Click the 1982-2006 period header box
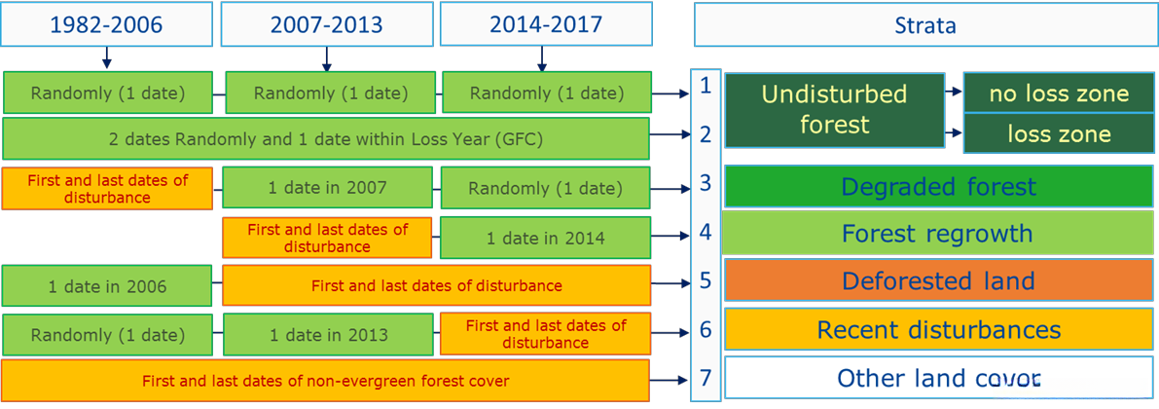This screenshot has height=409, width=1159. click(x=106, y=23)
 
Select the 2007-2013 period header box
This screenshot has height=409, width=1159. click(x=327, y=23)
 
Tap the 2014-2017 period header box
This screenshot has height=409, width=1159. click(x=546, y=23)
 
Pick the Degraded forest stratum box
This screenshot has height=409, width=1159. click(x=939, y=186)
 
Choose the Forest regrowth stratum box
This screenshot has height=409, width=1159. click(x=937, y=233)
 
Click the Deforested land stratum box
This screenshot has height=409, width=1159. click(x=939, y=281)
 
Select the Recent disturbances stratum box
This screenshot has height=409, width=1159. click(x=939, y=329)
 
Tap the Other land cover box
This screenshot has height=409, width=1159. click(x=939, y=378)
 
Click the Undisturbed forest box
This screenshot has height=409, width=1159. click(x=835, y=109)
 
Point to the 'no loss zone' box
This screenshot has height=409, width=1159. click(x=1059, y=93)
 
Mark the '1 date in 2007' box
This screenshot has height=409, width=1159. click(x=327, y=188)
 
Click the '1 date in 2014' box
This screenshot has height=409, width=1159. click(x=546, y=238)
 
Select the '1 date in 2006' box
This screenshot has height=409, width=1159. click(x=107, y=285)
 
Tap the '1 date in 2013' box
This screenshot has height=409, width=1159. click(x=327, y=334)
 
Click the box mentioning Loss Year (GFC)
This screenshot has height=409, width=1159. click(x=326, y=138)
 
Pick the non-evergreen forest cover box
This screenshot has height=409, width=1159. click(x=325, y=382)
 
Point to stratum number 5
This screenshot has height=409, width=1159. click(x=706, y=280)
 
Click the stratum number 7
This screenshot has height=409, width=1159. click(x=706, y=378)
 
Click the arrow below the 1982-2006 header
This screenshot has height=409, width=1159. click(x=106, y=56)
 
